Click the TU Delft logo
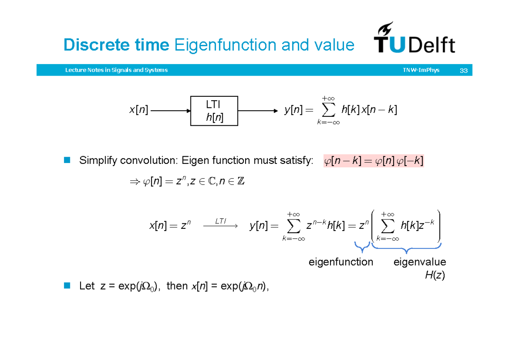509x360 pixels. [414, 39]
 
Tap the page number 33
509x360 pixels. [463, 70]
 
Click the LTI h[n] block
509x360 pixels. [214, 111]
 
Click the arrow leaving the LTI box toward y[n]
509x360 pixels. [258, 111]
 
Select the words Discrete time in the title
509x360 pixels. [117, 45]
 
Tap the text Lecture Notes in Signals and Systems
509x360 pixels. [116, 70]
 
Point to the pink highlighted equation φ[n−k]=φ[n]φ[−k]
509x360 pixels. [374, 161]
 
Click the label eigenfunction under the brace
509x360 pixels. [341, 262]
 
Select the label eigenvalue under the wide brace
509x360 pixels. [420, 262]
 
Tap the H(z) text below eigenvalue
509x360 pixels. [435, 275]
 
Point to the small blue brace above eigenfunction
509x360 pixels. [362, 247]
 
